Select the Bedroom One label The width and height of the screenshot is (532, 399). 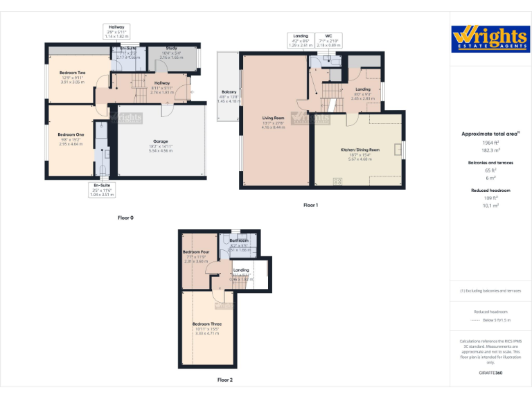[x=71, y=134]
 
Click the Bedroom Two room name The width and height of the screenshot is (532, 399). [x=72, y=73]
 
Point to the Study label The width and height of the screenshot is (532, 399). [x=171, y=48]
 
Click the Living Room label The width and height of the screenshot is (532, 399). [x=273, y=118]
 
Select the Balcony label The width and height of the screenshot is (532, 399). [x=229, y=91]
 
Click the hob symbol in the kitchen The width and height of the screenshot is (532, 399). [x=338, y=181]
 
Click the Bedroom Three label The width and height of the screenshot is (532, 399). [x=207, y=323]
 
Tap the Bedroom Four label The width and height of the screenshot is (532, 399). [x=196, y=251]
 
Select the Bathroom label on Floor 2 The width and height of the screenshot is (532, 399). [x=239, y=240]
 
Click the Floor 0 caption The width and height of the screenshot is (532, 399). [x=125, y=218]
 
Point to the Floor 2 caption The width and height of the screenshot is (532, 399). [x=224, y=380]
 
